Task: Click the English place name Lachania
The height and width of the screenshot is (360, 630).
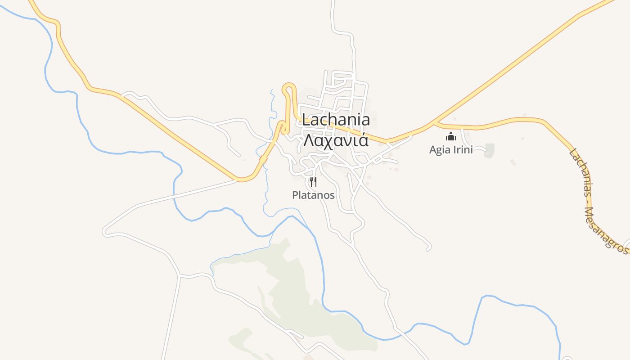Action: pos(336,120)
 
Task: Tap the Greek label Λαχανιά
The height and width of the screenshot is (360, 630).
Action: pos(336,140)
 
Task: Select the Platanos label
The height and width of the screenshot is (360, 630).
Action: pos(313,195)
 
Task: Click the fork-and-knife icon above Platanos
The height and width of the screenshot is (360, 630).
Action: pos(313,182)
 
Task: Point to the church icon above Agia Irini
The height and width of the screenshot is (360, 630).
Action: pos(450,137)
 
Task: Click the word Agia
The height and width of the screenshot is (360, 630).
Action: pos(439,150)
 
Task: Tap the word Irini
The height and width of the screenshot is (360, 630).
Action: pos(462,149)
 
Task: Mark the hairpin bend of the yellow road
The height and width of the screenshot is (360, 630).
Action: pos(288,85)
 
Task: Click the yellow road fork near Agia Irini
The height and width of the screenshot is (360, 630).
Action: pos(435,122)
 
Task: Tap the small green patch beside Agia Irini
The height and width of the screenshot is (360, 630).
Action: pos(490,150)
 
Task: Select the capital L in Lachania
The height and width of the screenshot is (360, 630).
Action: pos(306,120)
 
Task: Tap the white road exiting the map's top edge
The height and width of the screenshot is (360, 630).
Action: pos(333,3)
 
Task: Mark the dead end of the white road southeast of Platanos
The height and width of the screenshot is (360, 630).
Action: pos(428,248)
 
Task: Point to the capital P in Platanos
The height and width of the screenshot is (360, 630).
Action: pos(295,195)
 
